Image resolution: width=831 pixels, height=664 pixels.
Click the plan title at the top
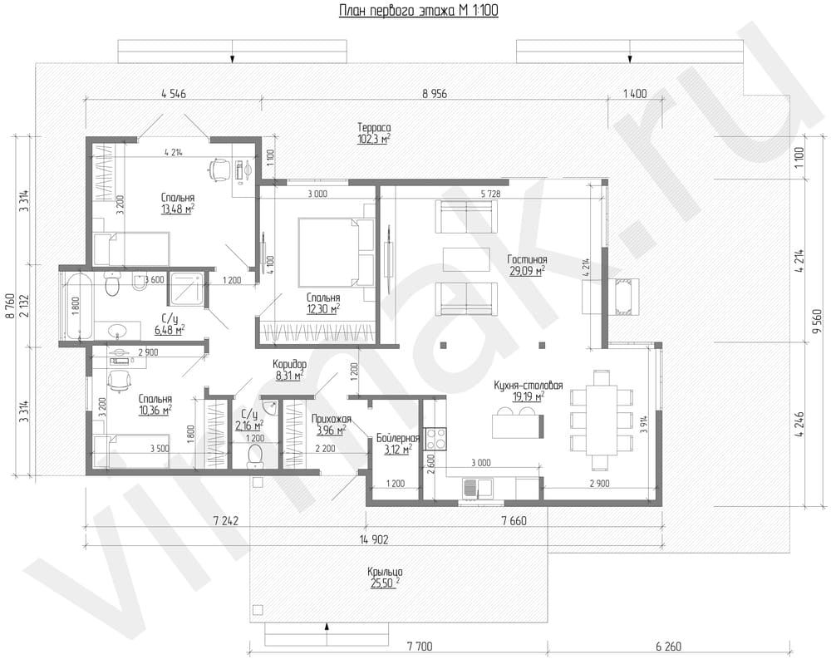(418, 10)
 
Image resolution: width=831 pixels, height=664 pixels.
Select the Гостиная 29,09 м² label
(527, 265)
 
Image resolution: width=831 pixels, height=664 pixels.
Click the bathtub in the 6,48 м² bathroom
(78, 306)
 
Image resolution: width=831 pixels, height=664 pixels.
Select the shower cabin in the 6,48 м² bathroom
(186, 290)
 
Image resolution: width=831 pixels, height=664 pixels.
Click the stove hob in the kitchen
(435, 439)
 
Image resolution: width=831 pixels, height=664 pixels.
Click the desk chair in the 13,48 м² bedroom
(219, 169)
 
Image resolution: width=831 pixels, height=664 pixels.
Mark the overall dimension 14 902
(374, 539)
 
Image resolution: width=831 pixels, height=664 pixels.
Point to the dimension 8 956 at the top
(435, 94)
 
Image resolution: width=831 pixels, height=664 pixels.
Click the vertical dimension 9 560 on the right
(818, 321)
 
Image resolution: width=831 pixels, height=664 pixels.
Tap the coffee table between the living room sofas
(467, 259)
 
